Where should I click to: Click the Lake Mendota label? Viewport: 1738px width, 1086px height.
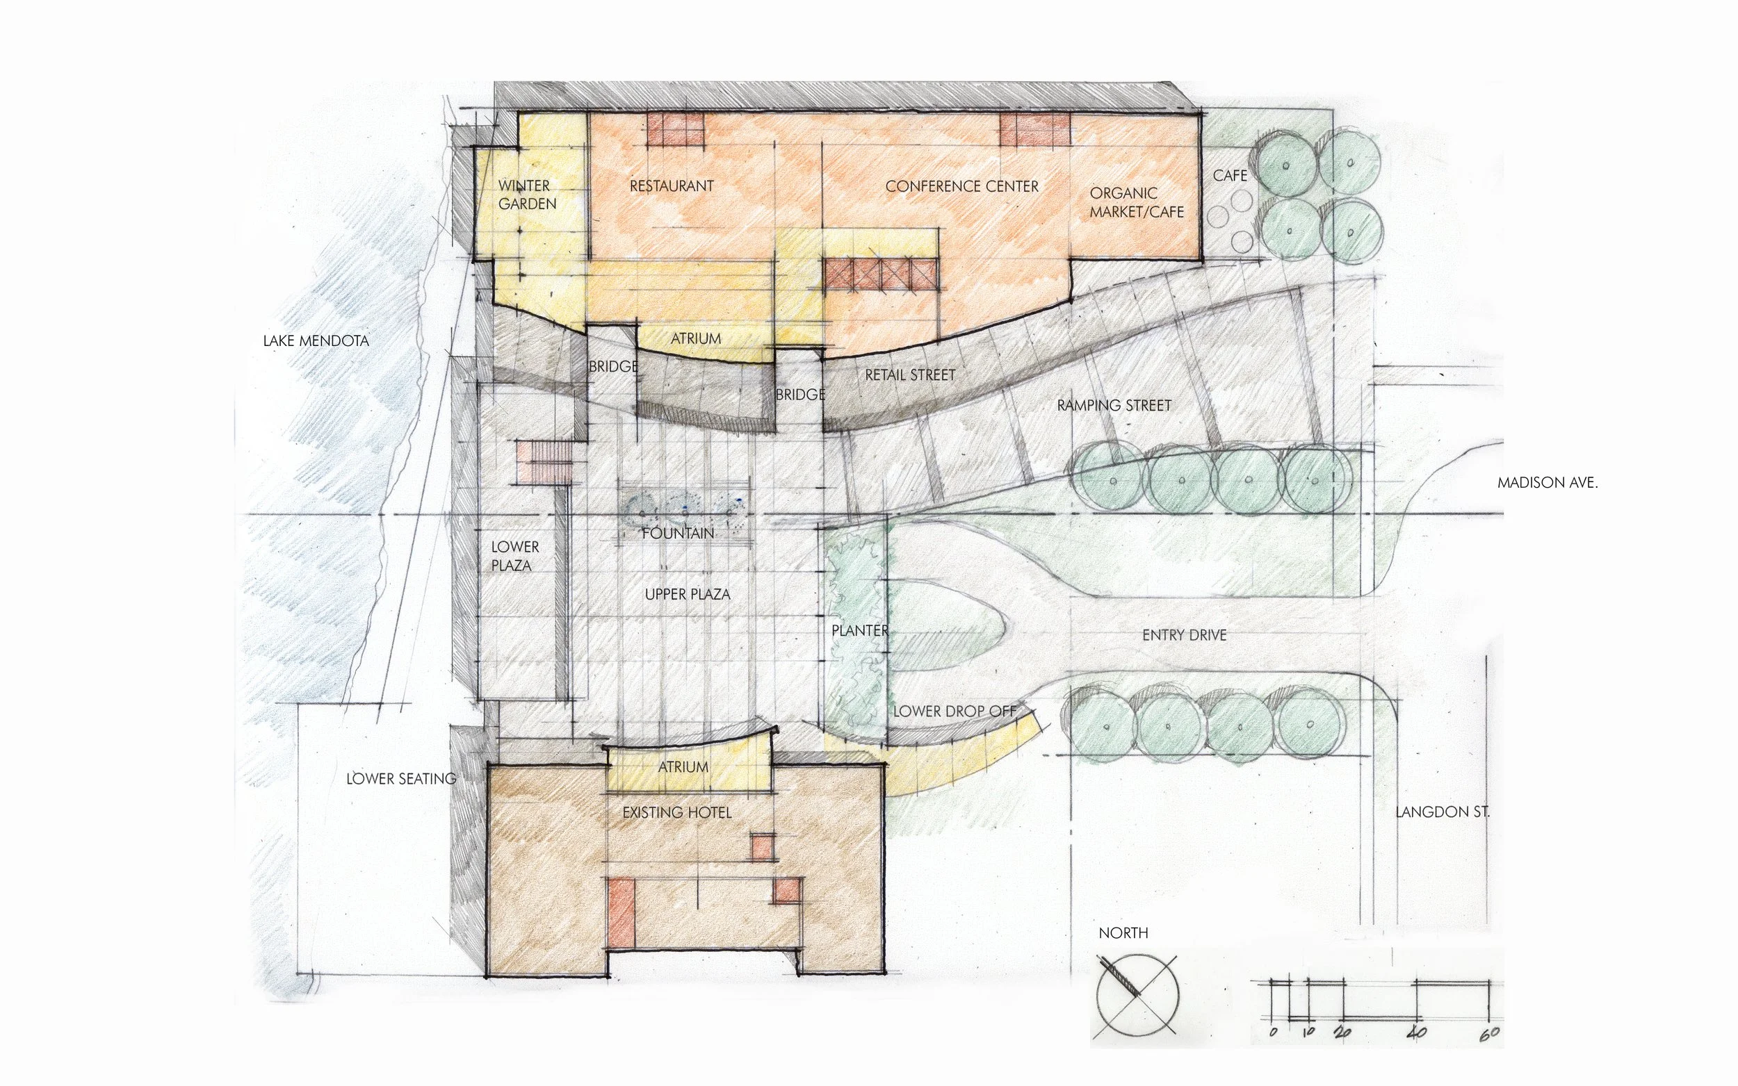316,340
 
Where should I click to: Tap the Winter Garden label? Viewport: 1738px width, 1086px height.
528,195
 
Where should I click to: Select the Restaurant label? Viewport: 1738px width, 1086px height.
672,186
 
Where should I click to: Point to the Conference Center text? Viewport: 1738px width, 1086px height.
962,187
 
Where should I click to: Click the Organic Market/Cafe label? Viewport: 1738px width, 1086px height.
1137,203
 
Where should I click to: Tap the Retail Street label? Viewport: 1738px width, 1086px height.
910,375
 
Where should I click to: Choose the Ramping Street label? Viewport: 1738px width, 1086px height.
1114,406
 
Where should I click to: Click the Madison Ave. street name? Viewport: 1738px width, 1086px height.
1548,484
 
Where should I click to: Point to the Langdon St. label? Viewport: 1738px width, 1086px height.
1443,812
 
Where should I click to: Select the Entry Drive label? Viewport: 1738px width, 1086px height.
1184,635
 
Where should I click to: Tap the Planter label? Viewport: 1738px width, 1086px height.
860,631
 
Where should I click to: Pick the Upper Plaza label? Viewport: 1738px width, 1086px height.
688,595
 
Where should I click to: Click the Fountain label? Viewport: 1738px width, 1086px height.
679,533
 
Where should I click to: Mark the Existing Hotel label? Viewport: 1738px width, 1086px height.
677,812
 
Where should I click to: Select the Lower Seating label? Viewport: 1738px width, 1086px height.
401,779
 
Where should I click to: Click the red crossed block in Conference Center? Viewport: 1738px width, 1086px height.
880,274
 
